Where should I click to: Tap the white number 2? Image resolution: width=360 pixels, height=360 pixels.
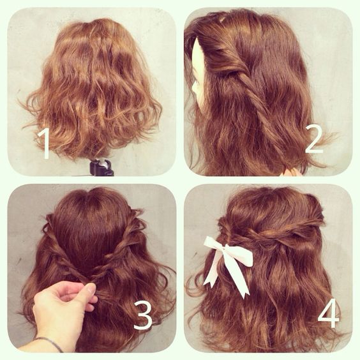[315, 140]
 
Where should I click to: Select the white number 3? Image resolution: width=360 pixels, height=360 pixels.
[143, 315]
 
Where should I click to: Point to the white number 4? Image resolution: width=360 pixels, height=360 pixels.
[329, 313]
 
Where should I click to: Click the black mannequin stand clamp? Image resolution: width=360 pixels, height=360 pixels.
[101, 167]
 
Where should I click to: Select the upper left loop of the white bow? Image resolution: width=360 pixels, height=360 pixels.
[214, 244]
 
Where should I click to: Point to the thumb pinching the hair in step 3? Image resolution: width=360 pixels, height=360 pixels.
[90, 289]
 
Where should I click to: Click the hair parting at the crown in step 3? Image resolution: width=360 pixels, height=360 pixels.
[94, 195]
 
